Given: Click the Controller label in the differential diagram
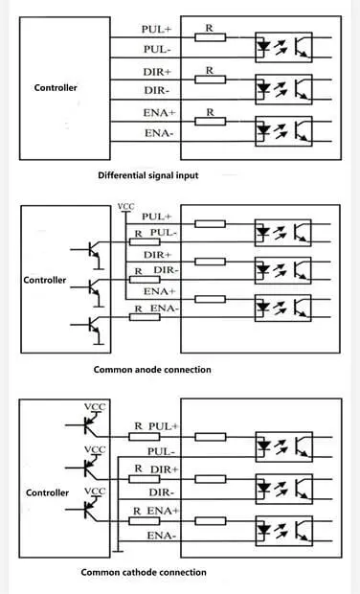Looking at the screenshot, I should coord(56,88).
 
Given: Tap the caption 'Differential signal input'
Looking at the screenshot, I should coord(154,175).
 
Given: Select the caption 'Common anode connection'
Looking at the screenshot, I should coord(152,369).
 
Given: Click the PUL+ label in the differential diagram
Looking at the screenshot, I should coord(156,29).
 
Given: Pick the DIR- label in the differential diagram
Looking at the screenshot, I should coord(156,91).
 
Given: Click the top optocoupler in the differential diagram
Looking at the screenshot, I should coord(281,46).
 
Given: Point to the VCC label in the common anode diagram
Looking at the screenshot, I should coord(125,206).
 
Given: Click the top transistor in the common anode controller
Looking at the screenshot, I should coord(94,251).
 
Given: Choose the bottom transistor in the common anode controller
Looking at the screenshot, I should coord(94,327).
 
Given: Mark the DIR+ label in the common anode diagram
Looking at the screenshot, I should coord(156,255).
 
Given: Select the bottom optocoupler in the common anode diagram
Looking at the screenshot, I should coord(281,308).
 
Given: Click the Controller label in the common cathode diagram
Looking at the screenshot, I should coord(47,492).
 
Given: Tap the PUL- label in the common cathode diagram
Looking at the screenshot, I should coord(159,449).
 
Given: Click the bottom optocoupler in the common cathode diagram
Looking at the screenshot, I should coord(281,528).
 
